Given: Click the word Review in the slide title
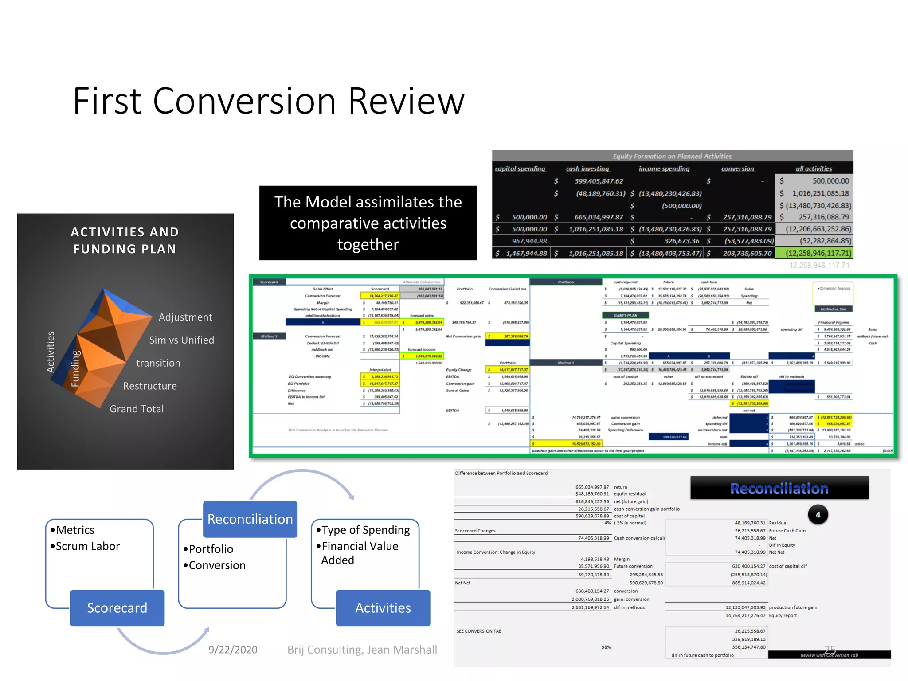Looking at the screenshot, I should pos(406,101).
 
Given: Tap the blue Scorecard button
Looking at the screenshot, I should pos(117,608).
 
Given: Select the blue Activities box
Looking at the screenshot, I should pos(383,608).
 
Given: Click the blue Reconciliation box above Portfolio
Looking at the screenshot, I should pos(250,519).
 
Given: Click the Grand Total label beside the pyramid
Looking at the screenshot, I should pos(137,409).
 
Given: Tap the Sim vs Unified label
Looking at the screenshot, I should pos(181,340).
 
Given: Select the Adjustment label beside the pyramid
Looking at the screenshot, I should pos(185,317).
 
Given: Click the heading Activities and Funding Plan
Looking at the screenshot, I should pos(125,240).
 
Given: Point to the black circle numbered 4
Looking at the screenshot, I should pos(818,515).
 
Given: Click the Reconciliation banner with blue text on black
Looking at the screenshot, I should pos(779,488).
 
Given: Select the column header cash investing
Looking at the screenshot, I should pos(587,168).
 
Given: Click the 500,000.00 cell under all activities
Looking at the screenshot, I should pos(830,181).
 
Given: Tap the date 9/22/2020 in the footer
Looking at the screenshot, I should pos(233,650).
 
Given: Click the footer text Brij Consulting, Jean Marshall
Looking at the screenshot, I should pos(362,650).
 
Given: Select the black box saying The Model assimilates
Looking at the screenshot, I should pos(368,223).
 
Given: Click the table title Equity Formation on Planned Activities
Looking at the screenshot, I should pos(672,156).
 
